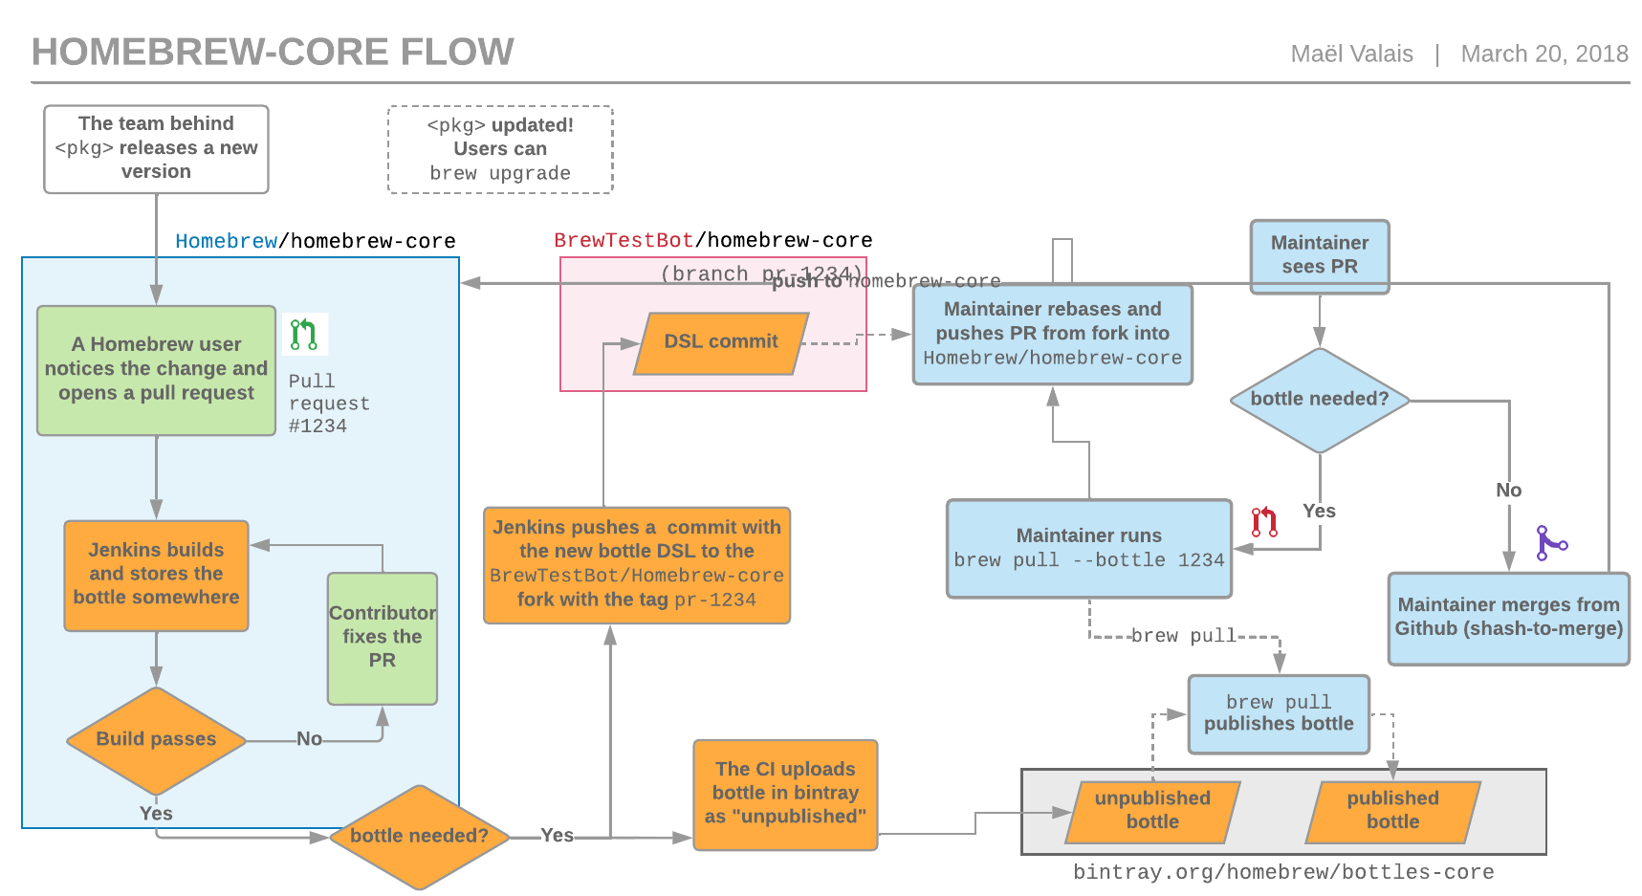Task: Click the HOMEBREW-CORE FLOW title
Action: [273, 52]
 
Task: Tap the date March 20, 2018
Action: [1543, 54]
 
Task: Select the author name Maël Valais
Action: [1351, 54]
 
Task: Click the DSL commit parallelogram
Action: [721, 342]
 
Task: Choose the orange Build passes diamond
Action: [156, 739]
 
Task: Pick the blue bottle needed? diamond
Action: [1319, 400]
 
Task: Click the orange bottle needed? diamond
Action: [419, 836]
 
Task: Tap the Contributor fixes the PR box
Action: [382, 638]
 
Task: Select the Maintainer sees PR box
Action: [1319, 255]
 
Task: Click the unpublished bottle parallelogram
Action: [1152, 811]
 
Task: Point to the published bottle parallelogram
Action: [1392, 811]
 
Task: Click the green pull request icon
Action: [304, 335]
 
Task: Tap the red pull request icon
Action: [1264, 522]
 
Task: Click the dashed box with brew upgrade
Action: [500, 149]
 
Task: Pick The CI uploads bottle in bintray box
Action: [785, 794]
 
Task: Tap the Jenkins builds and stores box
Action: [156, 575]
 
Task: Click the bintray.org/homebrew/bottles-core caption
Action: [1282, 872]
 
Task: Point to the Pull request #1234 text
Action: [328, 404]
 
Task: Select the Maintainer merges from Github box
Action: [1508, 618]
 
